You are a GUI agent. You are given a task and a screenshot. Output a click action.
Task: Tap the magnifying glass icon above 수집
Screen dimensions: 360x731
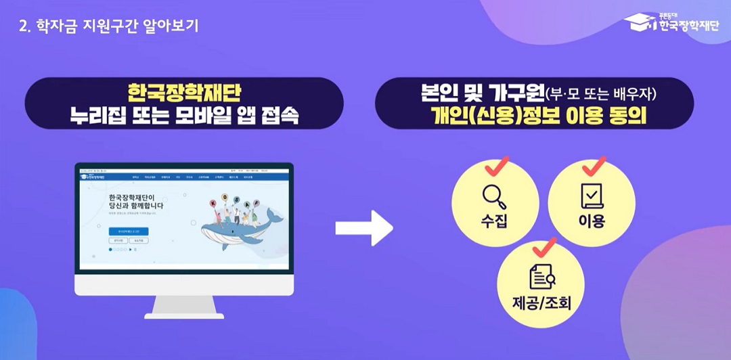tap(494, 197)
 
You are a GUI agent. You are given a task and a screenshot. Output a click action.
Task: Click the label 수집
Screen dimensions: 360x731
tap(495, 221)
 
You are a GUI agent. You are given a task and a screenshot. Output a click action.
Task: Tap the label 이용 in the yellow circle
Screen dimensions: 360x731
tap(592, 221)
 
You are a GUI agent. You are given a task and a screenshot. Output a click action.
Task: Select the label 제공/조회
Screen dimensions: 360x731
tap(542, 302)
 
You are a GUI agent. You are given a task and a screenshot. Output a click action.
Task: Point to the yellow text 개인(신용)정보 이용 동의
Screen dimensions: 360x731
tap(534, 116)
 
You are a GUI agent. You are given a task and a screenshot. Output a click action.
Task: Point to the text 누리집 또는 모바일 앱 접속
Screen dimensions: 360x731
tap(184, 116)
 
